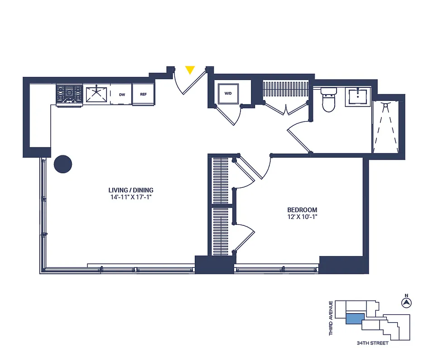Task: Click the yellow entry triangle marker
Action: point(190,70)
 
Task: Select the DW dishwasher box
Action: point(122,95)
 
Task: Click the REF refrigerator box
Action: point(143,95)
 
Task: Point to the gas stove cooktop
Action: point(69,95)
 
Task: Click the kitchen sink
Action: point(96,94)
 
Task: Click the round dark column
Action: point(63,164)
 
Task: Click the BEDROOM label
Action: point(302,210)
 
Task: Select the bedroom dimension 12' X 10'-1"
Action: point(302,217)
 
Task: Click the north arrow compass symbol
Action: point(406,301)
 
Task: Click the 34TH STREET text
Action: point(372,343)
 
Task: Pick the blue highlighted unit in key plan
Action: point(355,319)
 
